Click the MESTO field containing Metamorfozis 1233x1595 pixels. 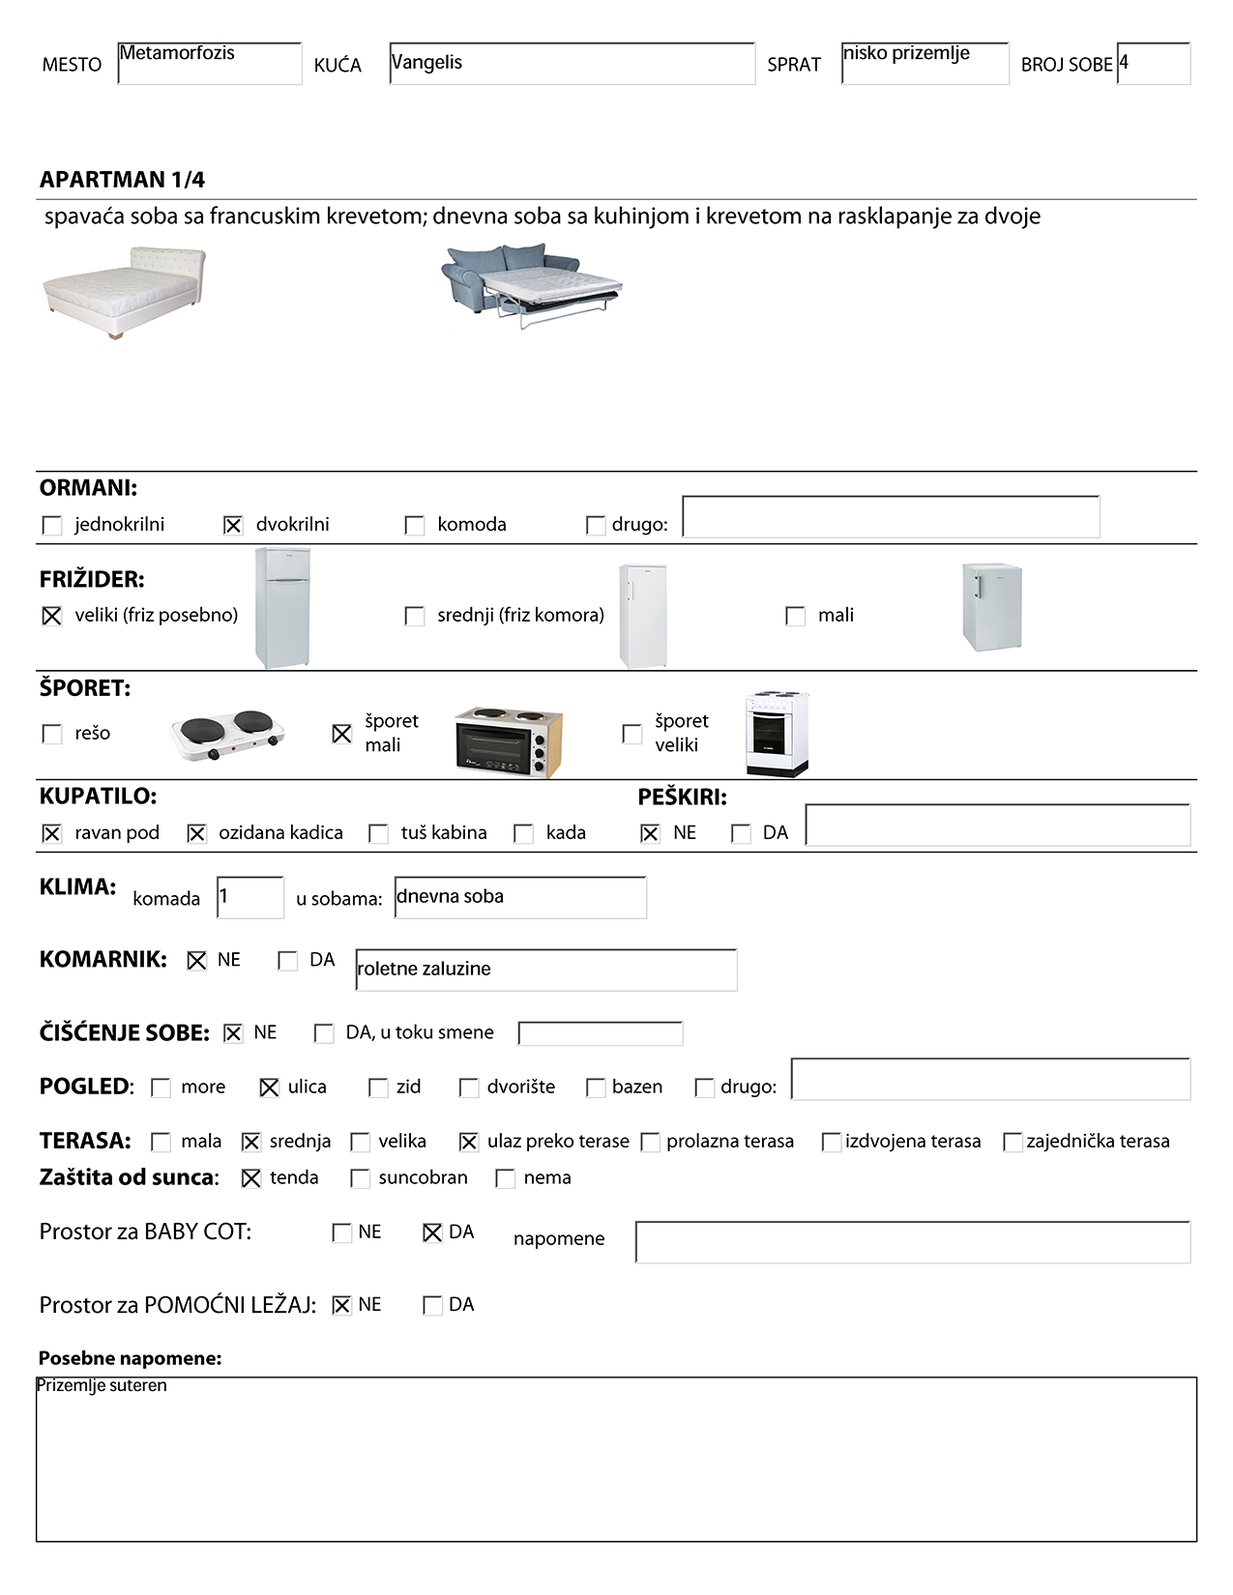[x=209, y=63]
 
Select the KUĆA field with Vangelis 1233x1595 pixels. [x=572, y=63]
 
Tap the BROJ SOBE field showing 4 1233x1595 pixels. [x=1153, y=63]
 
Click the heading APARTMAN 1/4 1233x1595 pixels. [x=122, y=180]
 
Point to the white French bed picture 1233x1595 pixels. [x=125, y=292]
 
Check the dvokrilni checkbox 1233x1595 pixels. [x=233, y=525]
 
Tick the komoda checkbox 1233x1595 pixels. [x=415, y=525]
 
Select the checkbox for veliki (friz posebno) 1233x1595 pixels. [x=52, y=616]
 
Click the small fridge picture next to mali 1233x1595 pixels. [x=991, y=607]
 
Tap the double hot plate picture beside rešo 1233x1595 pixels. [x=227, y=736]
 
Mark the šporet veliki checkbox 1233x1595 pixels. [x=632, y=734]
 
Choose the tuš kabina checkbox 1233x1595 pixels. [x=379, y=833]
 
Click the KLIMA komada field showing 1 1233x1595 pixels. [x=250, y=897]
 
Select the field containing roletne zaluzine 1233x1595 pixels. [x=545, y=970]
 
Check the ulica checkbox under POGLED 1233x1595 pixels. [x=270, y=1087]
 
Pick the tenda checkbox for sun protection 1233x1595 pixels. [x=251, y=1178]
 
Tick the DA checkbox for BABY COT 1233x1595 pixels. [x=432, y=1232]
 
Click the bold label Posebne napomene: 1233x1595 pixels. [x=130, y=1358]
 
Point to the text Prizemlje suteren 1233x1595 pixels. [x=102, y=1386]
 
